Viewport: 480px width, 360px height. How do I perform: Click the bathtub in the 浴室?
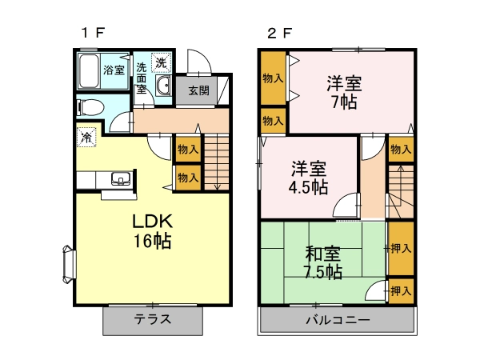tap(89, 71)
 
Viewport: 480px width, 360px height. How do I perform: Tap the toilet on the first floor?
tap(90, 107)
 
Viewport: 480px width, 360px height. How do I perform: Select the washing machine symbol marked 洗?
tap(161, 62)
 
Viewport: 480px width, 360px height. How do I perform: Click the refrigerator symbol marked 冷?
tap(86, 137)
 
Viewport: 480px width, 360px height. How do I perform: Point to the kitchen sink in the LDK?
tap(121, 178)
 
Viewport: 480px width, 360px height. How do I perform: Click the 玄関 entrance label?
tap(198, 90)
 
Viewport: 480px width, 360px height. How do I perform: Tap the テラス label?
tap(153, 319)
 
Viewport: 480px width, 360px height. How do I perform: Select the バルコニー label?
tap(338, 320)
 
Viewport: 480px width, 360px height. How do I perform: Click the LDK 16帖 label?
tap(152, 231)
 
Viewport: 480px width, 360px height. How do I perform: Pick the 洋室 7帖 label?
tap(344, 92)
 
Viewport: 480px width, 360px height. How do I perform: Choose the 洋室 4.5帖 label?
tap(309, 178)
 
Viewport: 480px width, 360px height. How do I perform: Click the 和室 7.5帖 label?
tap(323, 262)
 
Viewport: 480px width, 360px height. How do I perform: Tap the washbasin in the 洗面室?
tap(164, 85)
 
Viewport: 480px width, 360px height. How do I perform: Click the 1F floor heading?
tap(93, 33)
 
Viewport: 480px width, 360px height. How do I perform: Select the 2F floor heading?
tap(280, 33)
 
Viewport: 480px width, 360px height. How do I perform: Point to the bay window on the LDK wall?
tap(69, 263)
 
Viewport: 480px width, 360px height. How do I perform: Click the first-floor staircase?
tap(217, 162)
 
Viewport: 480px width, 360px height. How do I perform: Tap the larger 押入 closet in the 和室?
tap(401, 248)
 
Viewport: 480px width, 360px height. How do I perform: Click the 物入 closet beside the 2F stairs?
tap(401, 150)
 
